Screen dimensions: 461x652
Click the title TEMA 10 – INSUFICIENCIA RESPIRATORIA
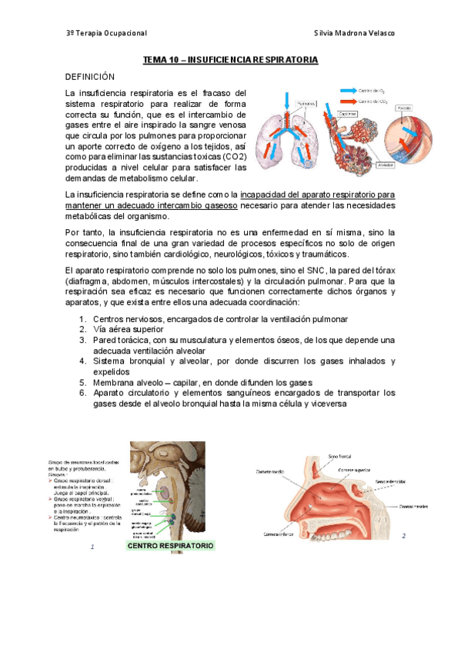[x=231, y=59]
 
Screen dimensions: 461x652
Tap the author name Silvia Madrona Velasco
[x=355, y=34]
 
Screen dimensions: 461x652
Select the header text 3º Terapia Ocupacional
[x=106, y=34]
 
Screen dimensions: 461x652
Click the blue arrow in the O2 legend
[x=345, y=90]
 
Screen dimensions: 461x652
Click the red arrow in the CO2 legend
[x=345, y=101]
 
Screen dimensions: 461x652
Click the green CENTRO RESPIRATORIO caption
[x=170, y=546]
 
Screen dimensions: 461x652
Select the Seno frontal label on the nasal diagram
[x=339, y=457]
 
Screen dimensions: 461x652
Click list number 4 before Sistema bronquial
[x=82, y=361]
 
